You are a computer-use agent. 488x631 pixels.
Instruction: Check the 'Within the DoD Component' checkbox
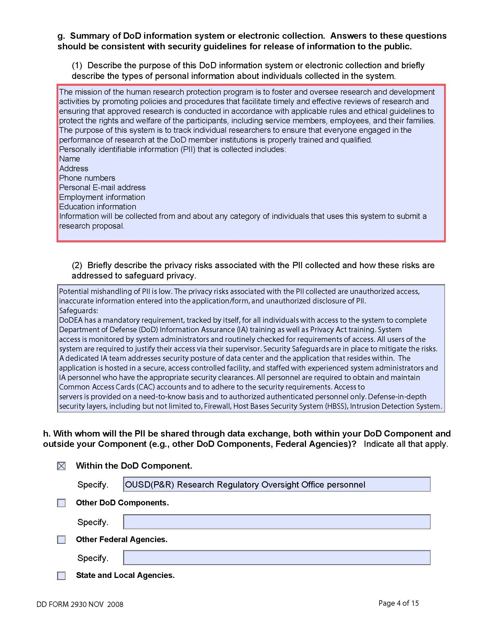pyautogui.click(x=61, y=466)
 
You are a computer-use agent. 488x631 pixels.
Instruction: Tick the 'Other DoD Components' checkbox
pyautogui.click(x=61, y=503)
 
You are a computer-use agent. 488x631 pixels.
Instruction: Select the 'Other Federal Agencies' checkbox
pyautogui.click(x=61, y=540)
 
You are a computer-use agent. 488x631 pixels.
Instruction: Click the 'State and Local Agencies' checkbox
pyautogui.click(x=61, y=576)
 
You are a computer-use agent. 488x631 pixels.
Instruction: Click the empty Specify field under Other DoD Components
pyautogui.click(x=277, y=522)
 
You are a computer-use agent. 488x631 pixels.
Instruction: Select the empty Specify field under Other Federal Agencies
pyautogui.click(x=277, y=558)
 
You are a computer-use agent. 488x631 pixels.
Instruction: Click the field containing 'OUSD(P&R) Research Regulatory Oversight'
pyautogui.click(x=277, y=484)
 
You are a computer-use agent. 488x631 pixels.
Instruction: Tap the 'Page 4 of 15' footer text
pyautogui.click(x=398, y=603)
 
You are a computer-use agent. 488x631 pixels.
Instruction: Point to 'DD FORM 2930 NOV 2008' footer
pyautogui.click(x=80, y=604)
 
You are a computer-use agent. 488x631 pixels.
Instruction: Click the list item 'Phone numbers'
pyautogui.click(x=87, y=178)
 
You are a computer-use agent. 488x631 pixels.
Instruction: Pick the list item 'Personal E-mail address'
pyautogui.click(x=102, y=188)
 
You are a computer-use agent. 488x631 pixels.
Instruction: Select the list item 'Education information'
pyautogui.click(x=97, y=207)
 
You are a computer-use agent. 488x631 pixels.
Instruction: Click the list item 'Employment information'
pyautogui.click(x=102, y=197)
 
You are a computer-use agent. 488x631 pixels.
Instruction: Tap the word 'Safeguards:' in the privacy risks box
pyautogui.click(x=79, y=311)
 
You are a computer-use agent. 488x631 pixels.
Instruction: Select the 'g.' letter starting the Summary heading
pyautogui.click(x=61, y=36)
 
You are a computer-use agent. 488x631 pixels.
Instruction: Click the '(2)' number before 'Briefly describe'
pyautogui.click(x=77, y=265)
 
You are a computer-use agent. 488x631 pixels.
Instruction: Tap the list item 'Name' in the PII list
pyautogui.click(x=69, y=159)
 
